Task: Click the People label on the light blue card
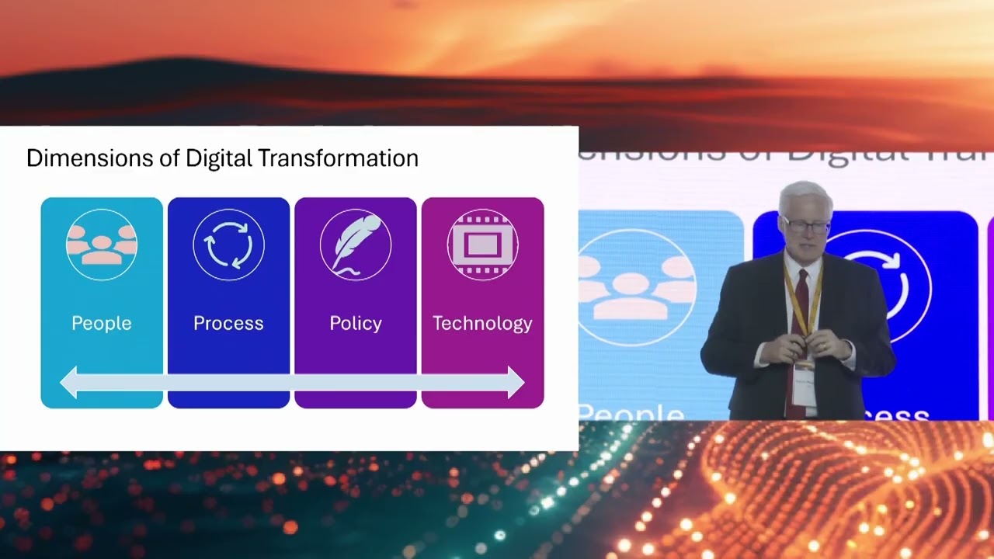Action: coord(102,323)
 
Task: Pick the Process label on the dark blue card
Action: coord(228,323)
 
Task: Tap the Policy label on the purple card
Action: coord(356,323)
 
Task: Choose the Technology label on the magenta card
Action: coord(482,323)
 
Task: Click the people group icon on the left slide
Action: coord(102,245)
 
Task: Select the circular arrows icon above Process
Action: coord(228,245)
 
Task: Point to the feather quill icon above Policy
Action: coord(356,245)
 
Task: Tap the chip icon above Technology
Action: coord(482,245)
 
